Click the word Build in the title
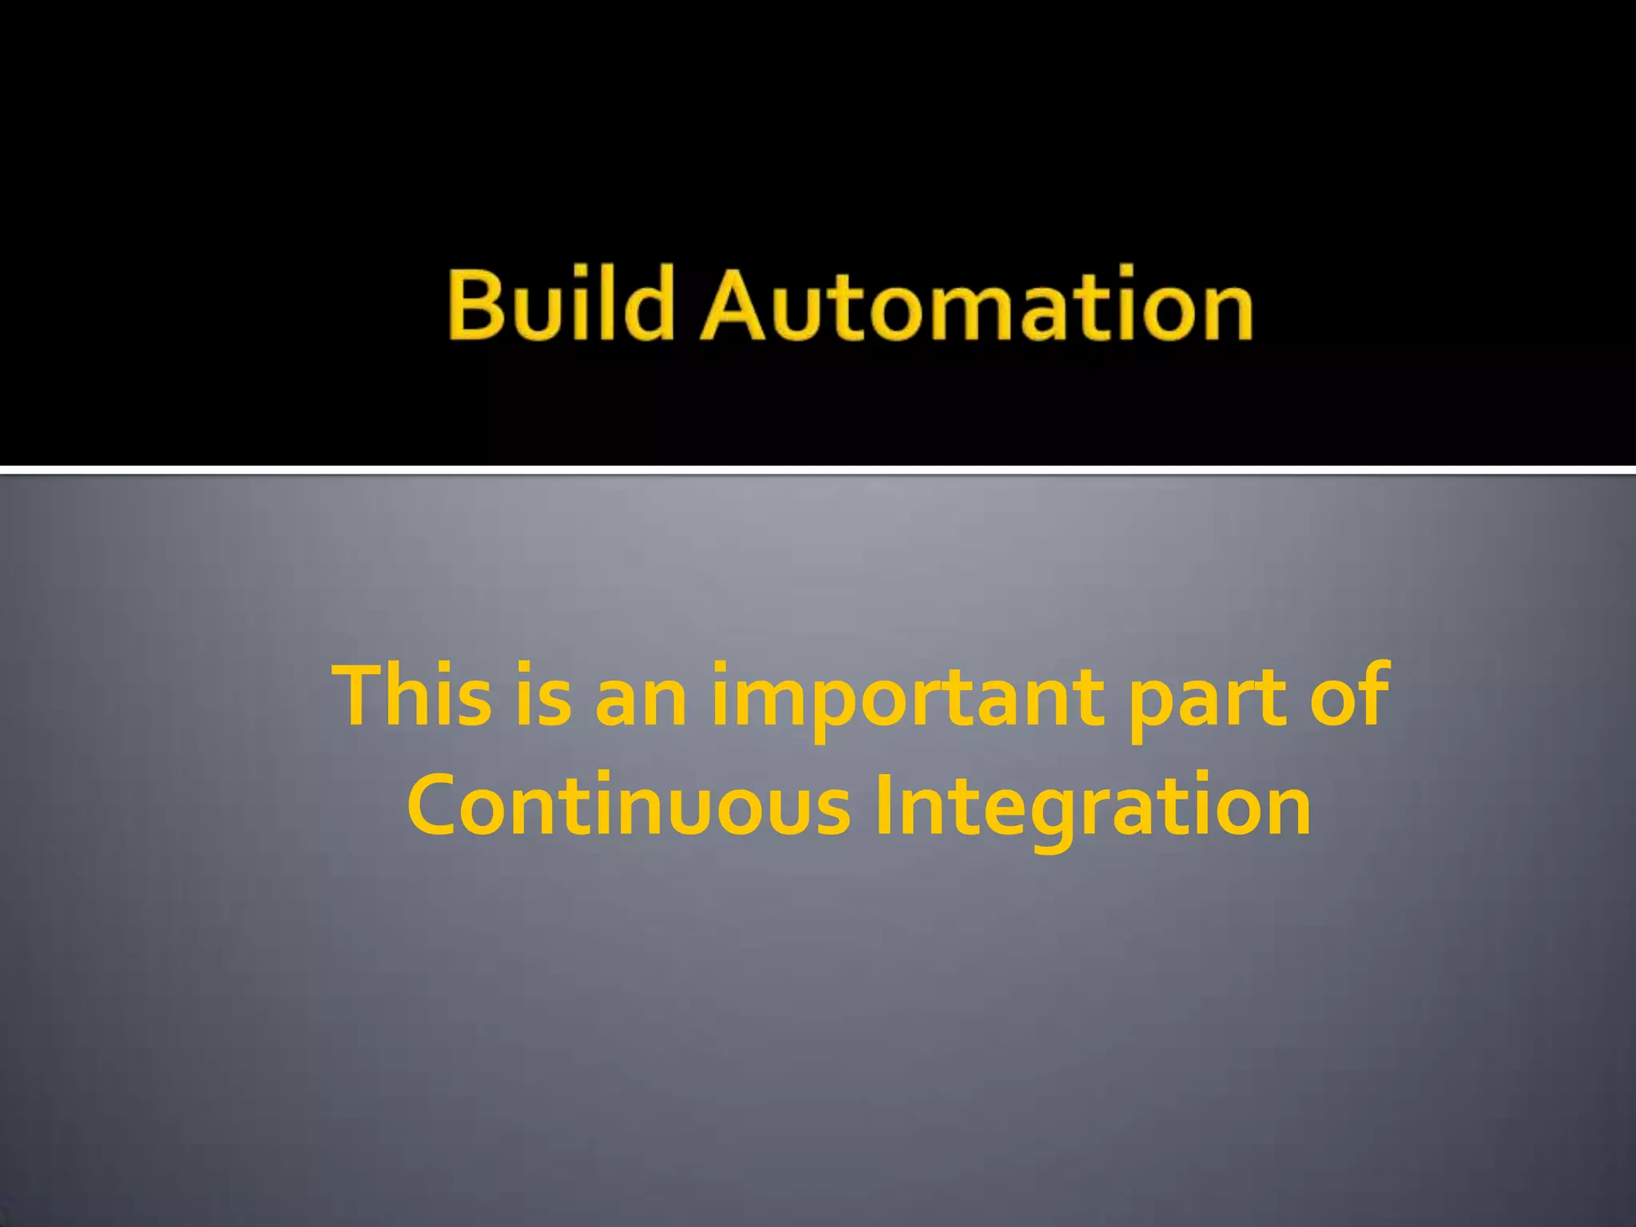click(x=559, y=304)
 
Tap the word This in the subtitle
click(x=412, y=695)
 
